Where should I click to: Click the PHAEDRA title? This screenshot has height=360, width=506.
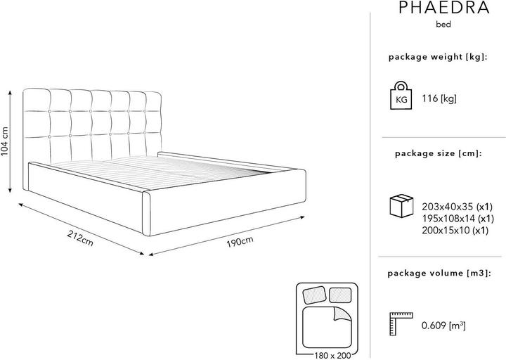coord(444,8)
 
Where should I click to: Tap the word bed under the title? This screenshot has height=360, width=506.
coord(443,24)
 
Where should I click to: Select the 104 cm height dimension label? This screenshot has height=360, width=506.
coord(5,141)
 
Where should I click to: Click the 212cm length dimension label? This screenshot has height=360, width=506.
coord(80,238)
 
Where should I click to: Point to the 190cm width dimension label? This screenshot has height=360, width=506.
coord(240,241)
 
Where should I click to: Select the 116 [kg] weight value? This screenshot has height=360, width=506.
coord(439,98)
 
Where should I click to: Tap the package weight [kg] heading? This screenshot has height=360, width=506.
coord(438,57)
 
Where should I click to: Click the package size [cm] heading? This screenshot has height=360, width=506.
coord(438,153)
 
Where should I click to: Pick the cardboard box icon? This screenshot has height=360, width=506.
coord(401,206)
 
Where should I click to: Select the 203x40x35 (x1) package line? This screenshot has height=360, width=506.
coord(458,207)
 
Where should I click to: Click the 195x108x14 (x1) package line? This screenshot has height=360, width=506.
coord(458,219)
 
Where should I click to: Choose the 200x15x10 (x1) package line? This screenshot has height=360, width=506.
coord(455,231)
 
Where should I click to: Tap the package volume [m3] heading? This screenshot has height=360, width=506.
coord(439,274)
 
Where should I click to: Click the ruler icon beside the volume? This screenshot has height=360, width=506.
coord(401,324)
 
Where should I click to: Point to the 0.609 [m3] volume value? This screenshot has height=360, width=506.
coord(443,326)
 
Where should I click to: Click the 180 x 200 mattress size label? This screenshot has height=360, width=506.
coord(332,356)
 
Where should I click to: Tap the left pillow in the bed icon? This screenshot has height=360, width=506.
coord(314,295)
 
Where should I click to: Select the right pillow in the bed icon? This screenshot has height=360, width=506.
coord(340,295)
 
